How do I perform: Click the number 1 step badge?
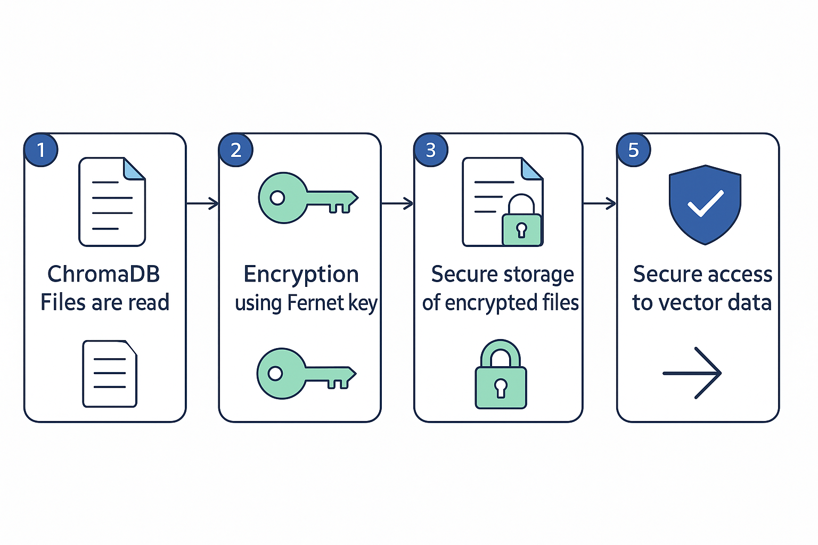point(41,150)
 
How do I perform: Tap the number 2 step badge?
point(236,150)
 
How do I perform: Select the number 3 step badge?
point(431,150)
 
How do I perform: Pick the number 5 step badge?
point(633,150)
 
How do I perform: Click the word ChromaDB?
point(104,274)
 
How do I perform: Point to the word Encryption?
point(301,275)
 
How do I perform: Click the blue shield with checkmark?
point(705,204)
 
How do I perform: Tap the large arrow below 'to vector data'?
point(692,373)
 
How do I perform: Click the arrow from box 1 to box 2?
point(202,203)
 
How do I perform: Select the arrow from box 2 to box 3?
point(397,203)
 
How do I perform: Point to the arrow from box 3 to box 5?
point(600,203)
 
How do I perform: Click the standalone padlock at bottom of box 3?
point(501,375)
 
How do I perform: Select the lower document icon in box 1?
point(110,374)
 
